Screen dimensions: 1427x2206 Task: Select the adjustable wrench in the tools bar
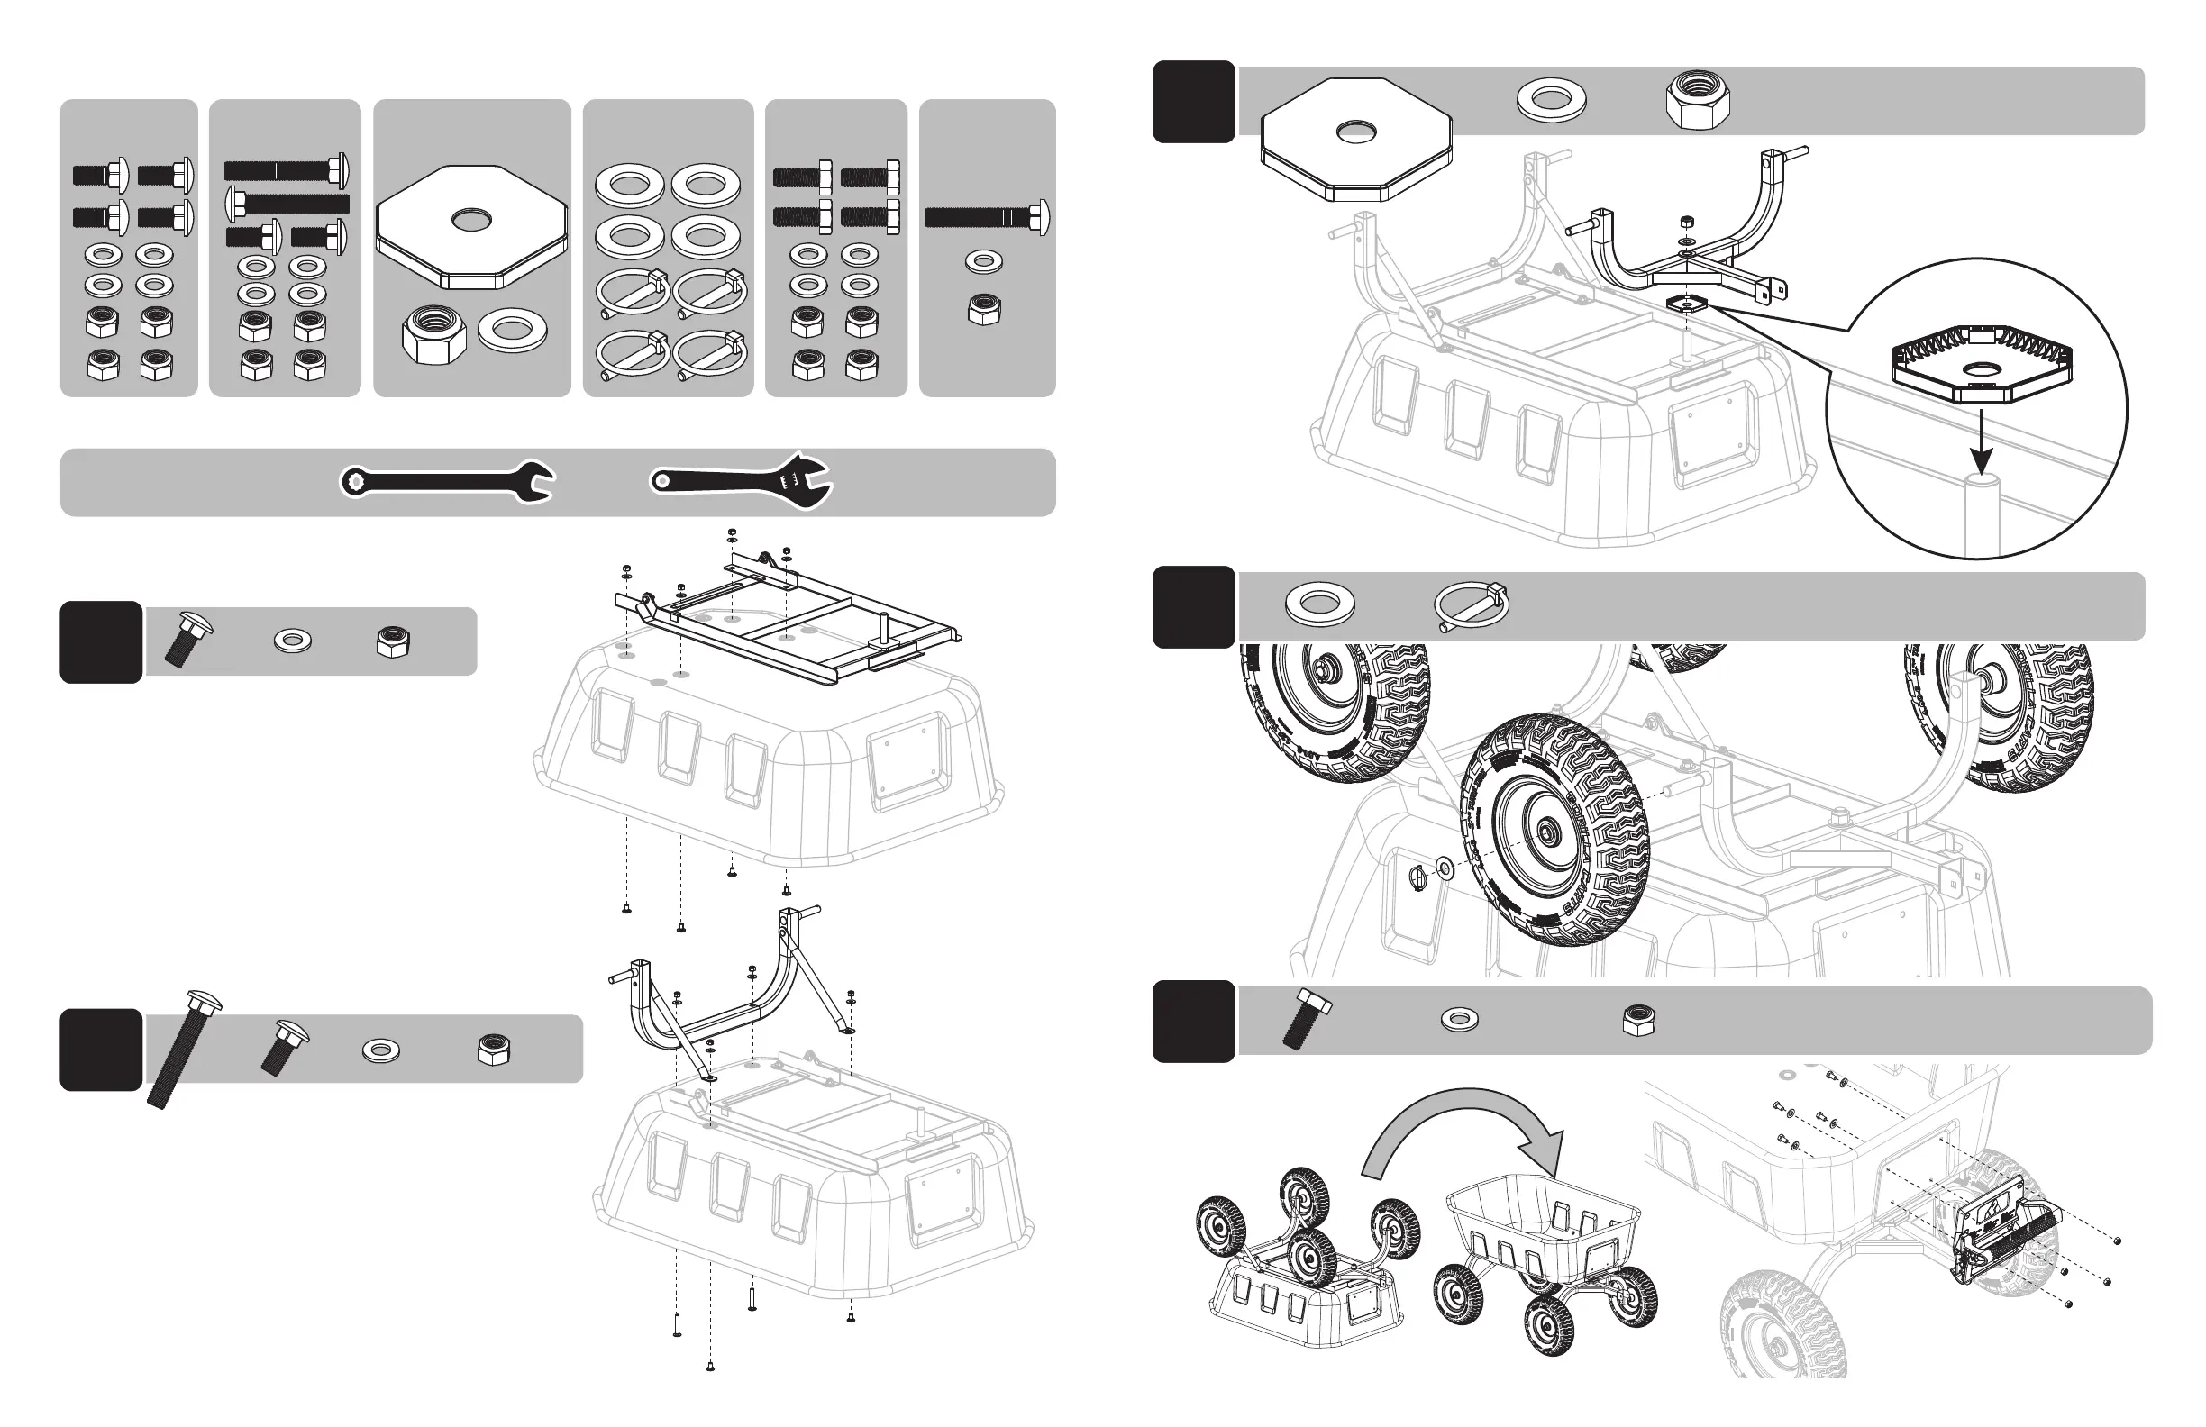[742, 480]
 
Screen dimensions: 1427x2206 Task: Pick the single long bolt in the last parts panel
[987, 218]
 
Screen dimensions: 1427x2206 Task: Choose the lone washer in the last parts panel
[983, 261]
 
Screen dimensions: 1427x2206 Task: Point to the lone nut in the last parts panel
[983, 310]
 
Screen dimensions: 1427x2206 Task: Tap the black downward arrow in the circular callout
[1981, 445]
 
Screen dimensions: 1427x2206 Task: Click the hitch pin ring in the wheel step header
[1470, 606]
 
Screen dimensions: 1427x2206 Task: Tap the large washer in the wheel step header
[1319, 604]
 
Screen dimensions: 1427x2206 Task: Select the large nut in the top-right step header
[1698, 103]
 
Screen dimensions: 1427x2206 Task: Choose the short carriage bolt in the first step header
[187, 639]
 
